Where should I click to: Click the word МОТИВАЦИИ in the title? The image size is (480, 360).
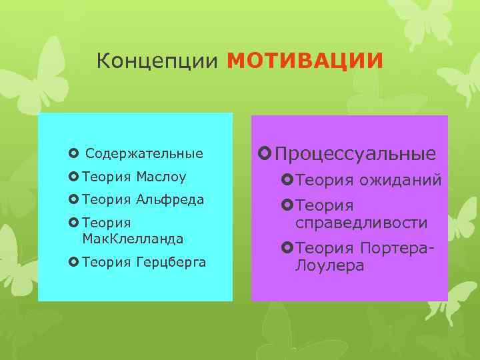click(305, 61)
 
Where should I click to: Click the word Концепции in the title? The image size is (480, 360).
click(157, 61)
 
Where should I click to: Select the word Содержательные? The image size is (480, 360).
click(145, 154)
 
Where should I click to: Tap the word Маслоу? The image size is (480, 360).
click(161, 177)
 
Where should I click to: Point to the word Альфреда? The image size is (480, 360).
click(170, 200)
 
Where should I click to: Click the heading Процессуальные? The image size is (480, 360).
click(355, 154)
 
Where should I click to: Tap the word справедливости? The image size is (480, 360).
click(362, 223)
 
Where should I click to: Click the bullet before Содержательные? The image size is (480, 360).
click(73, 154)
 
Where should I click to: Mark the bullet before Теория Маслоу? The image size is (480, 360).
click(73, 177)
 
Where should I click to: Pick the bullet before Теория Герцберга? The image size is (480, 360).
click(73, 263)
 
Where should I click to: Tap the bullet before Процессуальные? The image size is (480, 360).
click(265, 155)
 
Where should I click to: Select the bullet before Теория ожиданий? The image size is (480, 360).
click(288, 180)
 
